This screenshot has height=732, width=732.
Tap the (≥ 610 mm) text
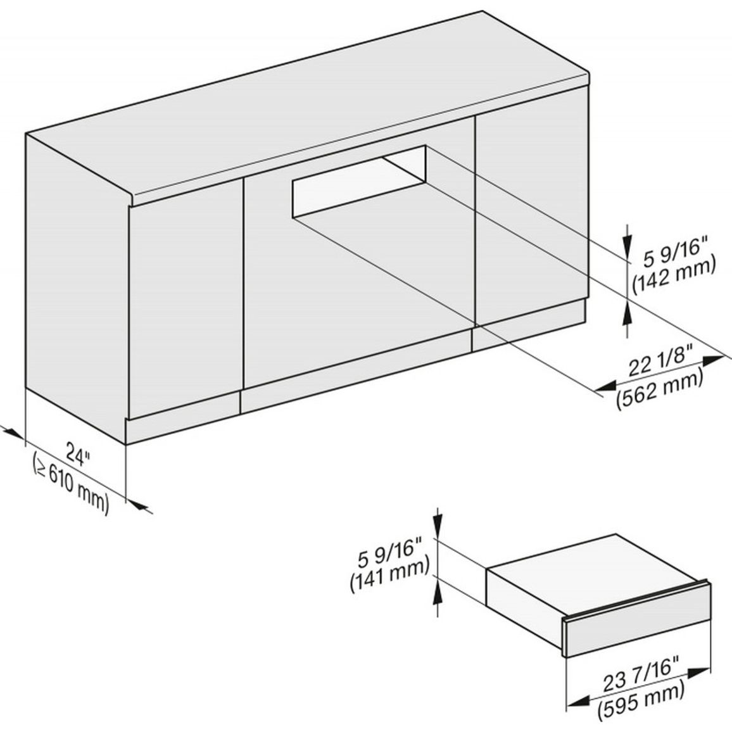[x=71, y=484]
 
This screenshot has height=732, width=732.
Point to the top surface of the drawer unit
[x=593, y=560]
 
